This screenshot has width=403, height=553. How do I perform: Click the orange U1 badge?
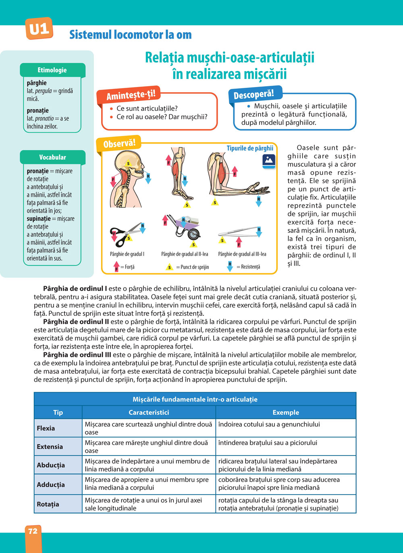(39, 29)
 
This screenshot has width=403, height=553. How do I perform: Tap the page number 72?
(33, 531)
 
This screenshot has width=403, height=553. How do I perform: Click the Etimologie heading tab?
(52, 70)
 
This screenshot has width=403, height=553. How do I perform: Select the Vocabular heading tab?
(52, 157)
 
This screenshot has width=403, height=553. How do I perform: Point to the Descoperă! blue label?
(254, 94)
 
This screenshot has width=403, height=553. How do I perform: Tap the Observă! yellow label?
(119, 144)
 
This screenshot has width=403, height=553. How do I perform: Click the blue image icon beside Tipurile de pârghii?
(268, 161)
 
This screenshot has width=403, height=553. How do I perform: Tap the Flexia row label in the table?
(46, 428)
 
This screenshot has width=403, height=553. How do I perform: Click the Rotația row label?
(48, 504)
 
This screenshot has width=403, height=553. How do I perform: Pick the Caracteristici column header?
(149, 412)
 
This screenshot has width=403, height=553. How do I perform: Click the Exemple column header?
(286, 412)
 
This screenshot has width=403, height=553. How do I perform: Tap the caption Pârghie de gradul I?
(127, 254)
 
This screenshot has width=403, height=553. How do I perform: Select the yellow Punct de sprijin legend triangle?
(170, 267)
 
